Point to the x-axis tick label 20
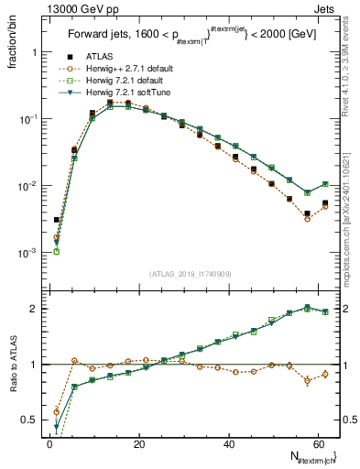(138, 444)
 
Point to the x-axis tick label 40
(227, 444)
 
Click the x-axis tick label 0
(49, 444)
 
